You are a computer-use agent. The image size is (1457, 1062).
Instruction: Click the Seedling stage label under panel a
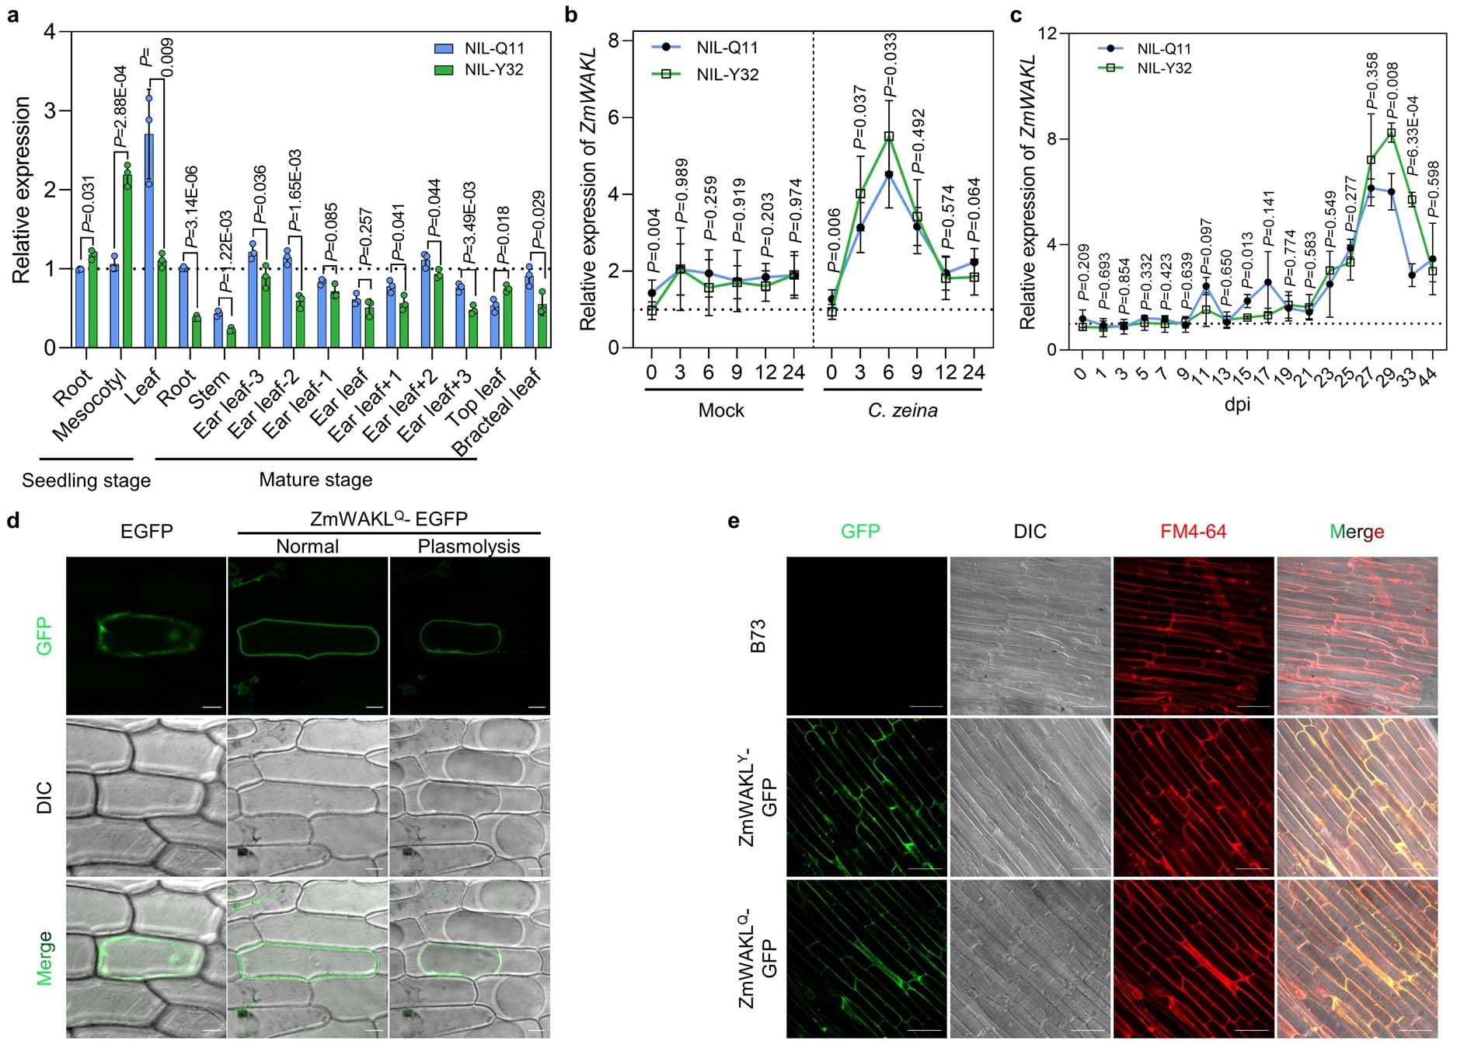tap(86, 480)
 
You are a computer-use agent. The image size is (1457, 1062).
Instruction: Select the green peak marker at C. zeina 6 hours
tap(889, 137)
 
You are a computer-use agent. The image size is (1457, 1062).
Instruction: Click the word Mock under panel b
tap(721, 410)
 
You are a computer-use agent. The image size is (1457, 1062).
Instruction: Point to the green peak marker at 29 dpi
tap(1391, 134)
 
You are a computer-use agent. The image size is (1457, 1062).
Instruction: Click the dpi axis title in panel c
tap(1238, 405)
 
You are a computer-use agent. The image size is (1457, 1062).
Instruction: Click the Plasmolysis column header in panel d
tap(469, 547)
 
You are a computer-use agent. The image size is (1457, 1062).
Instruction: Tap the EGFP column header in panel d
tap(146, 532)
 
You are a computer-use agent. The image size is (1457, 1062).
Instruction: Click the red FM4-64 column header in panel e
tap(1194, 532)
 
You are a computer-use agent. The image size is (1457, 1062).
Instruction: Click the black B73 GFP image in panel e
tap(866, 636)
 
